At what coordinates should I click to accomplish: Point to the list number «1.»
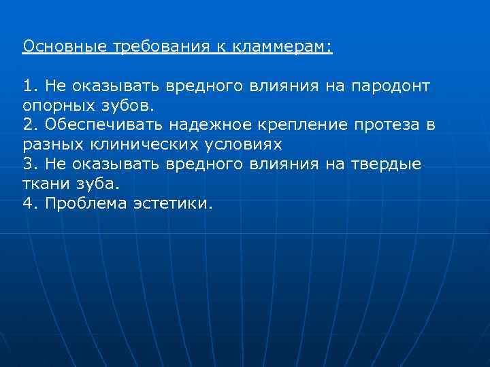[30, 86]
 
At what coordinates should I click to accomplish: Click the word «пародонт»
[390, 86]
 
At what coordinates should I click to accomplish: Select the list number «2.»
[30, 126]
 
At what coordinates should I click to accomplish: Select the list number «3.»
[30, 164]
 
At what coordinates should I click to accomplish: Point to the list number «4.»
[30, 204]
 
